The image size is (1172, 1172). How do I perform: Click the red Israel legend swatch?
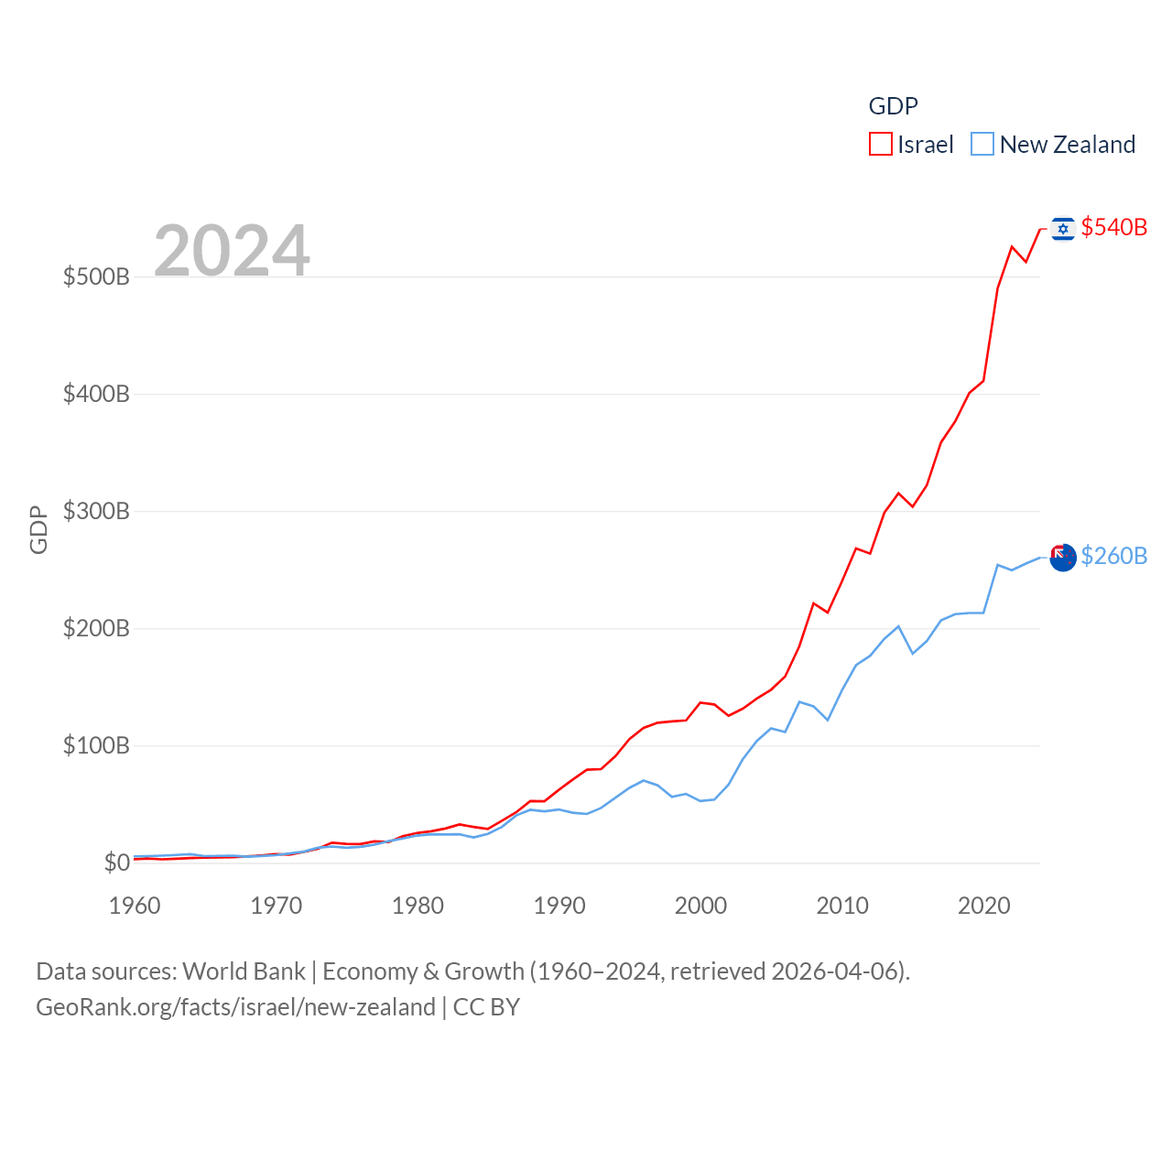pyautogui.click(x=880, y=145)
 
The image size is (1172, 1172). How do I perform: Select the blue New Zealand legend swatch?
pyautogui.click(x=982, y=145)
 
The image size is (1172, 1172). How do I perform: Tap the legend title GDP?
pyautogui.click(x=893, y=106)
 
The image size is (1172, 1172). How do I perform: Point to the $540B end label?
pyautogui.click(x=1113, y=227)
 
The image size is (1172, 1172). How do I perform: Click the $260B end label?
pyautogui.click(x=1113, y=556)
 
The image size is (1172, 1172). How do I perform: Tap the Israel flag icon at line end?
pyautogui.click(x=1063, y=228)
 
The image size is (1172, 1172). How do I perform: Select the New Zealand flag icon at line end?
pyautogui.click(x=1063, y=557)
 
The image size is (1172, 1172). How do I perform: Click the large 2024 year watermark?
pyautogui.click(x=232, y=251)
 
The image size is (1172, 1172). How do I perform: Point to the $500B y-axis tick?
pyautogui.click(x=96, y=277)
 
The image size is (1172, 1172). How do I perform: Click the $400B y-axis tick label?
pyautogui.click(x=96, y=394)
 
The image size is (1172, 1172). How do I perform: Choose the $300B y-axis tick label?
pyautogui.click(x=96, y=511)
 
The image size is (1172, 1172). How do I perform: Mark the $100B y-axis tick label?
pyautogui.click(x=96, y=745)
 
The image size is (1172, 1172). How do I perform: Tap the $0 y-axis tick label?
pyautogui.click(x=116, y=863)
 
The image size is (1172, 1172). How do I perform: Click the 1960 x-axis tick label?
pyautogui.click(x=135, y=906)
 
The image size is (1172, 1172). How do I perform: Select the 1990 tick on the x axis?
pyautogui.click(x=559, y=906)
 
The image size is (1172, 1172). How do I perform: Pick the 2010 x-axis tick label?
pyautogui.click(x=842, y=906)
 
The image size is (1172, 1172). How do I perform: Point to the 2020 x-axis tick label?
pyautogui.click(x=984, y=906)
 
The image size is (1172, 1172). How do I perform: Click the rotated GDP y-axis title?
pyautogui.click(x=38, y=529)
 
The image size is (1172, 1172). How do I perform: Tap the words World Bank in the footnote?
pyautogui.click(x=244, y=971)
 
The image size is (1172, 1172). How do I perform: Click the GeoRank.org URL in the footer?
pyautogui.click(x=235, y=1007)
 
